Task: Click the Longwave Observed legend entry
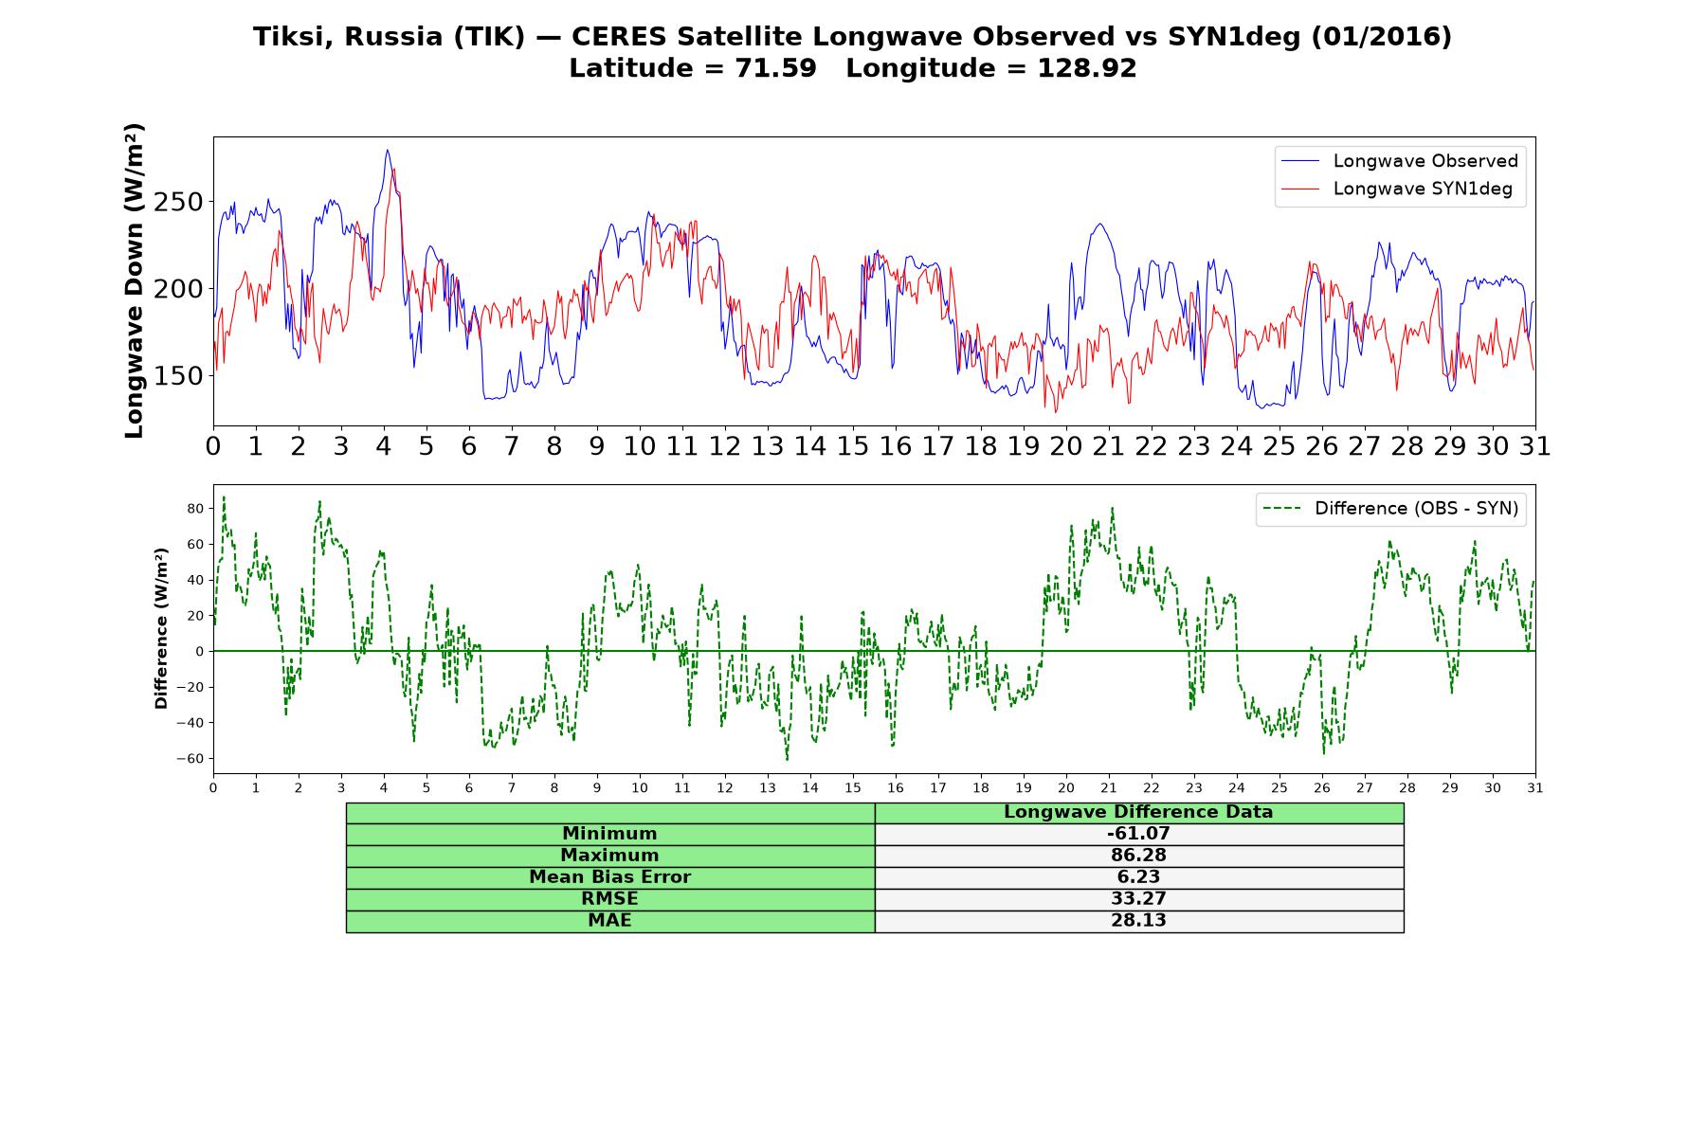pos(1400,161)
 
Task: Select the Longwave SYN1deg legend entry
pos(1397,189)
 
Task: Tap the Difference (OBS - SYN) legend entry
pos(1391,509)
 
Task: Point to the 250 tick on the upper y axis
pos(179,202)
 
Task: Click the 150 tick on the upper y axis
pos(179,376)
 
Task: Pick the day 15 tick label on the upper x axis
pos(853,446)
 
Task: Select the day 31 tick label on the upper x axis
pos(1535,446)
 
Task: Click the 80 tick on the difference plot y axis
pos(195,509)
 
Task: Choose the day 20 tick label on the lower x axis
pos(1066,788)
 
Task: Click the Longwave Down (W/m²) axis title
pos(134,280)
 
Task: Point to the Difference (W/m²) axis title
pos(161,629)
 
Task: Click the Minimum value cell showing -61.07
pos(1138,834)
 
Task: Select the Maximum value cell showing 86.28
pos(1138,856)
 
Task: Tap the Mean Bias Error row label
pos(609,877)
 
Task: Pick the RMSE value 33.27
pos(1138,899)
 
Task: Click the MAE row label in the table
pos(609,921)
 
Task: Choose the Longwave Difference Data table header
pos(1138,812)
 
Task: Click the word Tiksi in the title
pos(294,37)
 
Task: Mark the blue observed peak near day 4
pos(387,150)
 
